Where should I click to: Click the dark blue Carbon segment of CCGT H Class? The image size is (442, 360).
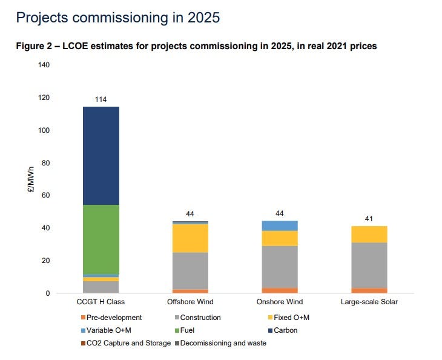(x=101, y=156)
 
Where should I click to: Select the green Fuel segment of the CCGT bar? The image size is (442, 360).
(x=101, y=239)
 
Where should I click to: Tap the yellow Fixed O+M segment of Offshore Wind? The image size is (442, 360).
(x=190, y=238)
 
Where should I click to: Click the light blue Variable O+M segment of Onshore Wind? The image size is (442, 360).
(x=280, y=225)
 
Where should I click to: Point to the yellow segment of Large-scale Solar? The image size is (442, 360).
(x=369, y=235)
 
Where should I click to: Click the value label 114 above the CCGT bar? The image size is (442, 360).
(x=101, y=99)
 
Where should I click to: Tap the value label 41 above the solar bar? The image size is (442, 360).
(x=369, y=219)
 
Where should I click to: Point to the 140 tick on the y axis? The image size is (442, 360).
(x=44, y=65)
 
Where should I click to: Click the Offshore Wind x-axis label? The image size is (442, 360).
(x=190, y=302)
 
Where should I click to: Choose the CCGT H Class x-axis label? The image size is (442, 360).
(x=101, y=302)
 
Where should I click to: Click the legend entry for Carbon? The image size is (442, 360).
(x=284, y=330)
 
